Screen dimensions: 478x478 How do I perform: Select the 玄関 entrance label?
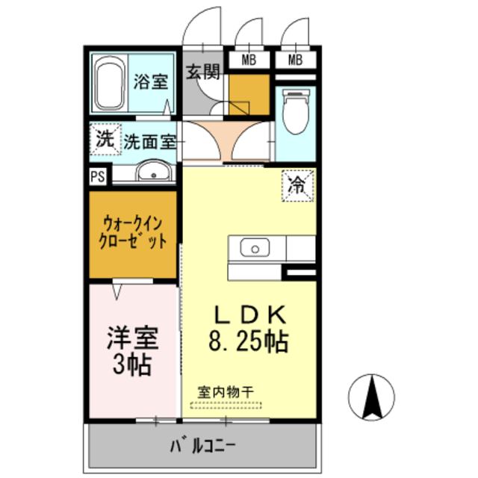[202, 72]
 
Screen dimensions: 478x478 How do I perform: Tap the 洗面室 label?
[150, 140]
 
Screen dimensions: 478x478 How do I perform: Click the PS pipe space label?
[97, 176]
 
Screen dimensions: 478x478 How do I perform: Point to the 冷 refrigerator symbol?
[298, 184]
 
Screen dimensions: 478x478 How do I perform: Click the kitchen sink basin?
[255, 248]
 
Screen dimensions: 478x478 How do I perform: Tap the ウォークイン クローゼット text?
[133, 232]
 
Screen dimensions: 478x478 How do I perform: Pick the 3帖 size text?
[133, 366]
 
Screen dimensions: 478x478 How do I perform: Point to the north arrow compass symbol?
[371, 396]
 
